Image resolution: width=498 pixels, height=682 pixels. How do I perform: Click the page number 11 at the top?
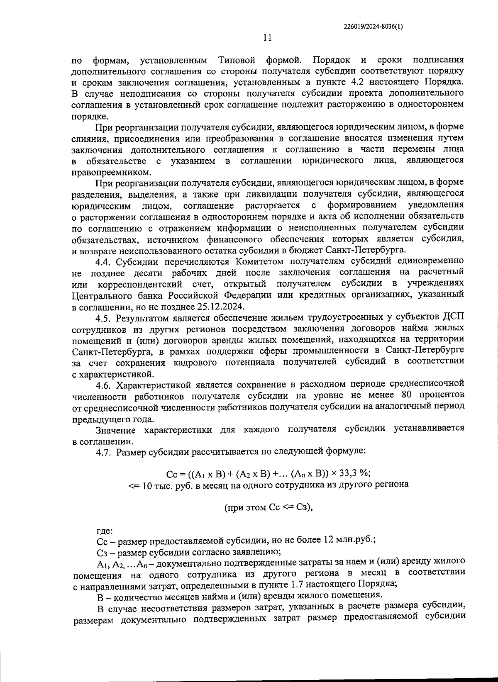(x=267, y=38)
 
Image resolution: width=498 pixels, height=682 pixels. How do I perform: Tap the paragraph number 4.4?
(x=104, y=261)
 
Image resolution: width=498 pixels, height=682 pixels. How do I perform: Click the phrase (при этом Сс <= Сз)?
(x=268, y=507)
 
